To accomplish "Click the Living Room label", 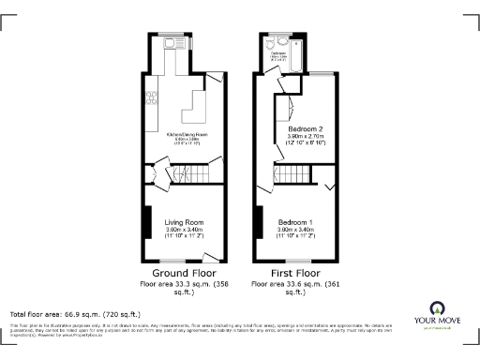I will [x=184, y=222].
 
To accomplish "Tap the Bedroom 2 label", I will [x=306, y=127].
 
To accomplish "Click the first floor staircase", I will [x=293, y=173].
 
